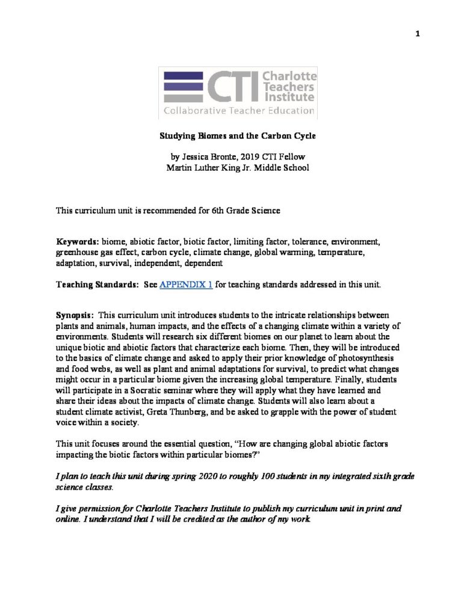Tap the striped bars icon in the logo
[183, 86]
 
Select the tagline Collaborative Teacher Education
[239, 111]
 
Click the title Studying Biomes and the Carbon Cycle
[238, 137]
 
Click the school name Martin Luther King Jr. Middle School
[238, 168]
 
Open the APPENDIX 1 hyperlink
[185, 284]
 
